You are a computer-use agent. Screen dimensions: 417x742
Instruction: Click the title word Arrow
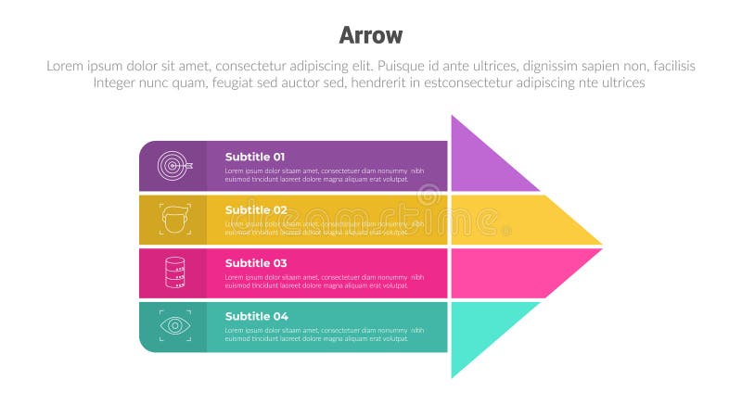tap(371, 35)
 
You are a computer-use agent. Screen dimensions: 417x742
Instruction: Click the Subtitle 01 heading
tap(255, 157)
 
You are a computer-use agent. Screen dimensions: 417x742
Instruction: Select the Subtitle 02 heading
tap(255, 209)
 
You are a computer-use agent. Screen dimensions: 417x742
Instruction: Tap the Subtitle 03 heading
tap(255, 263)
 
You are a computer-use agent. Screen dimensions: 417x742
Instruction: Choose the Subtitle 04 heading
tap(256, 316)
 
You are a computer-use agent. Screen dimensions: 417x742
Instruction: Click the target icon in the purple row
tap(173, 166)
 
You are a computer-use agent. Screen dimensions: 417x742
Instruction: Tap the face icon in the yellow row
tap(173, 220)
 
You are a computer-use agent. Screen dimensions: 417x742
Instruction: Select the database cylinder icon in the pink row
tap(173, 272)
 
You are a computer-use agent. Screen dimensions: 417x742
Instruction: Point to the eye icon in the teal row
tap(173, 325)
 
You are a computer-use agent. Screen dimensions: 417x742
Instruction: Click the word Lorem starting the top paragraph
tap(65, 66)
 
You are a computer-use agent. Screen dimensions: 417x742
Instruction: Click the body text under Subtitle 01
tap(325, 175)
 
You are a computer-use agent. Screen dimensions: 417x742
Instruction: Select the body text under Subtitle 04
tap(325, 335)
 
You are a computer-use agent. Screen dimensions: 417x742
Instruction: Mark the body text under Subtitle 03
tap(325, 282)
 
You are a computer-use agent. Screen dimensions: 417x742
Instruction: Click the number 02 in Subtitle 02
tap(279, 209)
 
